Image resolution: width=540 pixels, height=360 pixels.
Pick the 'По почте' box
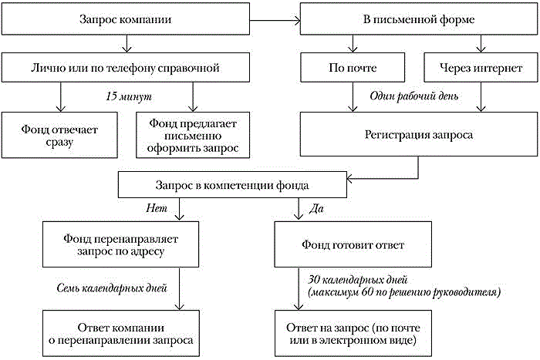point(352,68)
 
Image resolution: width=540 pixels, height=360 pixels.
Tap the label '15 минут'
point(129,97)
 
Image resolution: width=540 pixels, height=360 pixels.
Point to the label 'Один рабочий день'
point(417,97)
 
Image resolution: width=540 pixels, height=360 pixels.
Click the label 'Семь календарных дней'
point(113,288)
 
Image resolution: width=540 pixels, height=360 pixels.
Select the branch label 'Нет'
point(156,207)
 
